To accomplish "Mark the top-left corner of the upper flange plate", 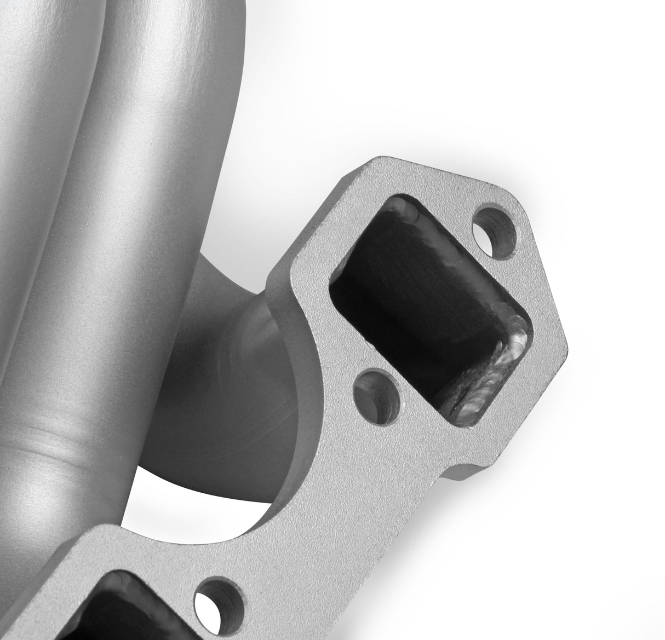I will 378,162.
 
